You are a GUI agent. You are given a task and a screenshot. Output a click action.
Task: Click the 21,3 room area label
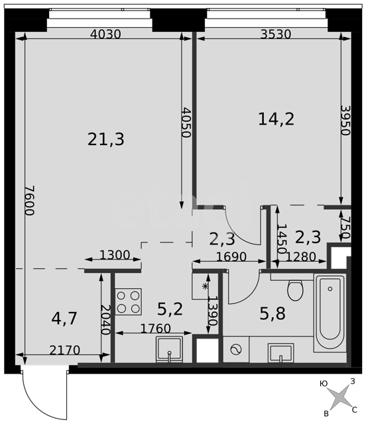point(106,140)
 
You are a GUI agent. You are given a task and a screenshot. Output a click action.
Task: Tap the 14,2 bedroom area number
point(276,119)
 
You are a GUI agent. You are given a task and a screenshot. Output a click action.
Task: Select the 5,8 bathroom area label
point(273,314)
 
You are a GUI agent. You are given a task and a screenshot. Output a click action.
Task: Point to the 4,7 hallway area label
point(64,318)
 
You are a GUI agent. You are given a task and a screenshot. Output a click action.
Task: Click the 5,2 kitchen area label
point(170,309)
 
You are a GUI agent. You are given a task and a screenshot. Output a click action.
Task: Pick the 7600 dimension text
point(30,200)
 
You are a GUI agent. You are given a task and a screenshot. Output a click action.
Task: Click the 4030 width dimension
point(105,34)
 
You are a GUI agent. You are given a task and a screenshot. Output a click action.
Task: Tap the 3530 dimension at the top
point(276,34)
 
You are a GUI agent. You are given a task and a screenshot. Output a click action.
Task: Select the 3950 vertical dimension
point(345,120)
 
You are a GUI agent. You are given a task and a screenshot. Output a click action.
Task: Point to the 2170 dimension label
point(65,350)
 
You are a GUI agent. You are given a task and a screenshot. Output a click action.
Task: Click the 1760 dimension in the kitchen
point(156,329)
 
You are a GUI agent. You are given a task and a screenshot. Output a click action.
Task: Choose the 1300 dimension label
point(115,255)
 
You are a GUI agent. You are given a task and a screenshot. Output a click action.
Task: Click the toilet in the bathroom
point(295,290)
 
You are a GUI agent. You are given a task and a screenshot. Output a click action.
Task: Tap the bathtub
point(330,312)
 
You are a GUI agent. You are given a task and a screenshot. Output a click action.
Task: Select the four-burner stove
point(129,301)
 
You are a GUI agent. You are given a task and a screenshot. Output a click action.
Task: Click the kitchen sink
point(170,349)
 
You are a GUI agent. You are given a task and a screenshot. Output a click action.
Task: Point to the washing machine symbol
point(236,349)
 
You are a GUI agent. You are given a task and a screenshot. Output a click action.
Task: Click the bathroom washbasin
point(280,353)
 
